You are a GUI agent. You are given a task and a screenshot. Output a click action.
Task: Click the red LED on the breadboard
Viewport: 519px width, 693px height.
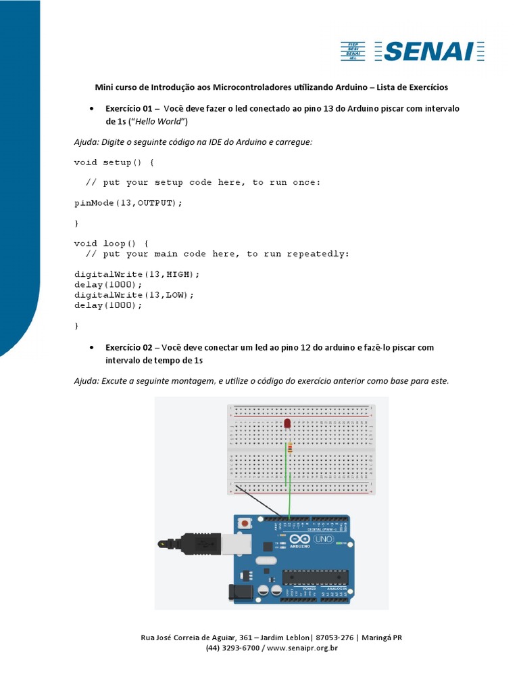pos(288,424)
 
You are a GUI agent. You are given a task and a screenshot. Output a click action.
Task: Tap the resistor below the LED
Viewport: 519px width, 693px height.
pos(289,448)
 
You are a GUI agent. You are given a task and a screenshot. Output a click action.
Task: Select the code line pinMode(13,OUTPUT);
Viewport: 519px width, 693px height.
pos(128,202)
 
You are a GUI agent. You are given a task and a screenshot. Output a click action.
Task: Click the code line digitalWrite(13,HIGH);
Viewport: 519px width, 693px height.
pos(137,274)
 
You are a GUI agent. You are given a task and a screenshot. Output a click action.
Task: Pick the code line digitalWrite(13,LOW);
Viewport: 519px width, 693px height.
pos(134,295)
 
